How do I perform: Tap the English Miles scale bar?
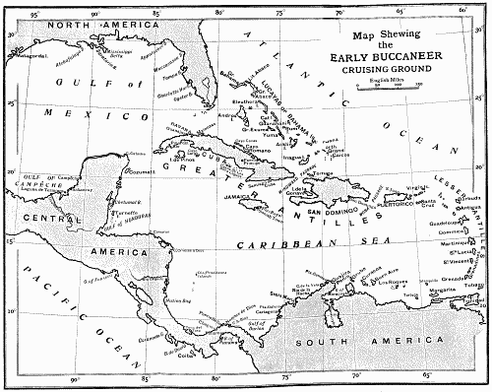click(391, 87)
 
